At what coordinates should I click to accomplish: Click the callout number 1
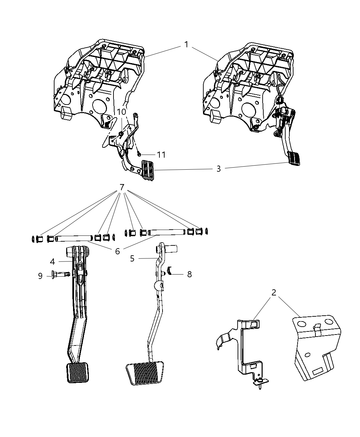click(186, 45)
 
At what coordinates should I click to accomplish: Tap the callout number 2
click(274, 292)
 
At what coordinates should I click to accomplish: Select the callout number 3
click(218, 169)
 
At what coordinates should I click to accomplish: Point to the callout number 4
click(52, 262)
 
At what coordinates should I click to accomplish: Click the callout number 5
click(132, 258)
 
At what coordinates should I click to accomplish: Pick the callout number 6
click(117, 251)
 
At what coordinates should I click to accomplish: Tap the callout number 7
click(121, 187)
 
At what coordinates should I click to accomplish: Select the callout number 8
click(189, 274)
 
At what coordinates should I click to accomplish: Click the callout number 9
click(40, 276)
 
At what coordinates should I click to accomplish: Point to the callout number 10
click(122, 112)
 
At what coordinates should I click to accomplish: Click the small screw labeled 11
click(140, 155)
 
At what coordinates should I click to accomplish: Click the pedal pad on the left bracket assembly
click(148, 169)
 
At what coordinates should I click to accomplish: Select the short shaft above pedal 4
click(73, 237)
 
